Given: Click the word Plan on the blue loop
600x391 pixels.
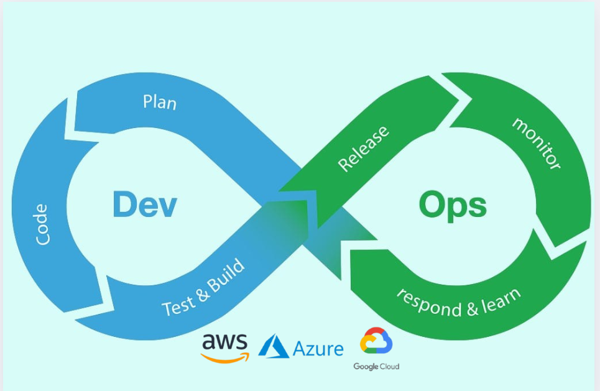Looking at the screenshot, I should point(160,101).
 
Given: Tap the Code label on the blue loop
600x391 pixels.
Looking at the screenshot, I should point(43,224).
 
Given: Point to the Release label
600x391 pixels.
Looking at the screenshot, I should point(364,148).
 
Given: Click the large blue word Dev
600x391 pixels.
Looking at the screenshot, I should point(145,205).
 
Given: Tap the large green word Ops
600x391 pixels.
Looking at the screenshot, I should point(452,205).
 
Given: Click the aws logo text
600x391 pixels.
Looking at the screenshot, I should point(224,341).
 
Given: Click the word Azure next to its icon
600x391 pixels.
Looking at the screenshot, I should point(318,349).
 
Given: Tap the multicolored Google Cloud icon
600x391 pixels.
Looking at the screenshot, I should point(376,341).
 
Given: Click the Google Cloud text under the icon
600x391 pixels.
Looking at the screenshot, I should point(376,367).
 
